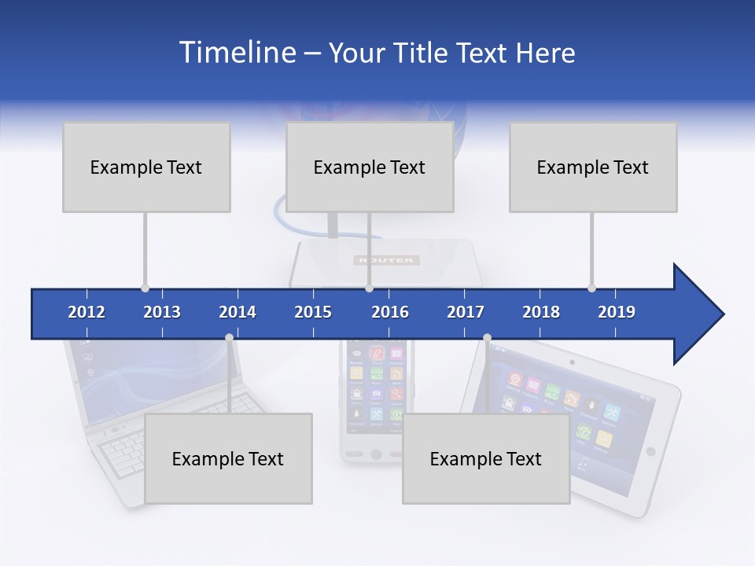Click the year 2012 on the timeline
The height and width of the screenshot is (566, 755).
pos(87,312)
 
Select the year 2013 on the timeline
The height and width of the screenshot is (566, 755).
pos(162,312)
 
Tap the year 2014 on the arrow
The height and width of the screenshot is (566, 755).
pos(238,312)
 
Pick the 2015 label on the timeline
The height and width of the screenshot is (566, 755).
pos(313,312)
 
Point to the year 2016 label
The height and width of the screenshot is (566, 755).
pos(390,312)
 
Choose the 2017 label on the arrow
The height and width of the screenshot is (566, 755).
pos(466,312)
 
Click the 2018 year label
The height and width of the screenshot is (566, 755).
pos(541,312)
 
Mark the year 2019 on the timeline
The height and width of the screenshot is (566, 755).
pos(617,312)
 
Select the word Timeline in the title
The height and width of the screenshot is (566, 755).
pos(236,53)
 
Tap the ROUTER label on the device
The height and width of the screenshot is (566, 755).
pos(387,260)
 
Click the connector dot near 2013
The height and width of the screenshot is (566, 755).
pos(145,289)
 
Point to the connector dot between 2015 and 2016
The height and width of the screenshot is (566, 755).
pos(369,289)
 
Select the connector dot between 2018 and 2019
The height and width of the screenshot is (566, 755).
pos(591,289)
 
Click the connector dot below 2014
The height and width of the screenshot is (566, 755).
pos(229,338)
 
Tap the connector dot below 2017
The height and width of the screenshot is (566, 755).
pos(487,338)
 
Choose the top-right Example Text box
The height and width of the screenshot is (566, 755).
pos(593,167)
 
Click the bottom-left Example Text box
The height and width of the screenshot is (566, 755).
pos(228,458)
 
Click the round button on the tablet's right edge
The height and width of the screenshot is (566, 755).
pos(650,451)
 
